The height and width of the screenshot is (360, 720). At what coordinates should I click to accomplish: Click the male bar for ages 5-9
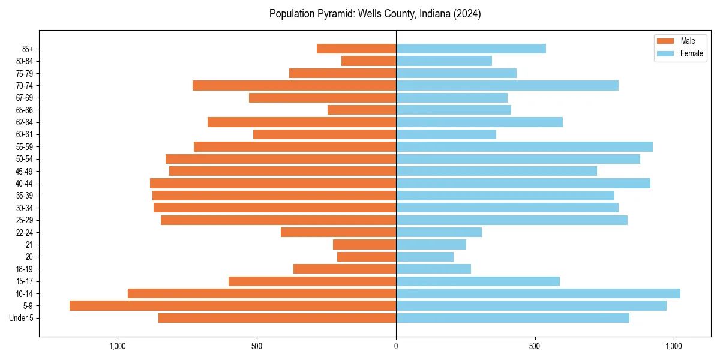click(233, 305)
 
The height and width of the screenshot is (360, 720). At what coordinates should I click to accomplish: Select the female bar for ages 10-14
click(538, 293)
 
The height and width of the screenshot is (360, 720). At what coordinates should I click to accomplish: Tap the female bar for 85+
click(471, 49)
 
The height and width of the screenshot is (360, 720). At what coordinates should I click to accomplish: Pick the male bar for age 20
click(367, 257)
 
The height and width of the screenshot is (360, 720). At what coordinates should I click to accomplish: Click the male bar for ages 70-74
click(294, 85)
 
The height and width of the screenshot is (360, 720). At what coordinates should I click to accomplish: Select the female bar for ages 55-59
click(524, 146)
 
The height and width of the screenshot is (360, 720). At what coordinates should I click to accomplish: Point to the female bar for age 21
click(431, 244)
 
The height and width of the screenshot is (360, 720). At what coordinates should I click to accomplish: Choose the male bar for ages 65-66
click(362, 110)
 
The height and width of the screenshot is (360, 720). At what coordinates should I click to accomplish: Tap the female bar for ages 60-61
click(446, 134)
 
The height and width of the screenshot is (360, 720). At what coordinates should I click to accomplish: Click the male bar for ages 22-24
click(338, 232)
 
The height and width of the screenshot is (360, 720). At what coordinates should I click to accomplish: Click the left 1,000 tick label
click(118, 346)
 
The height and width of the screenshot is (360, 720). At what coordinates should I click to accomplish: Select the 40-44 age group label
click(24, 183)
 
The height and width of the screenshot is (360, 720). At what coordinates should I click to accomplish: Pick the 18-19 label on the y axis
click(24, 269)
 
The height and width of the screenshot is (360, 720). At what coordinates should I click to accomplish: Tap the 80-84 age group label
click(24, 61)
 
